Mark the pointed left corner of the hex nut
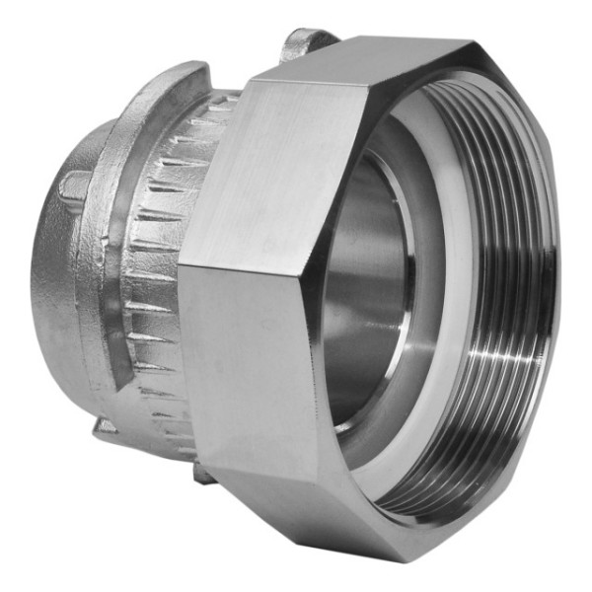click(x=181, y=264)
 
